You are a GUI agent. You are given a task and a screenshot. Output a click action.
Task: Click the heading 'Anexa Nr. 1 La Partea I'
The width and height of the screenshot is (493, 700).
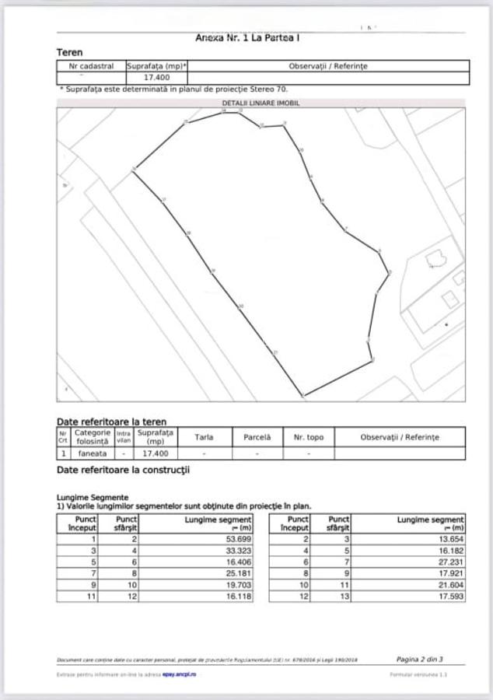point(248,37)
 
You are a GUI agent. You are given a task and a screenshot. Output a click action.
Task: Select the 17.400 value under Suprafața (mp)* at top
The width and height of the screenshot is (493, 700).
point(157,78)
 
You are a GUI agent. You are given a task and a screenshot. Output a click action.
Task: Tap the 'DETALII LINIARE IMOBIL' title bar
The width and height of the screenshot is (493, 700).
point(260,103)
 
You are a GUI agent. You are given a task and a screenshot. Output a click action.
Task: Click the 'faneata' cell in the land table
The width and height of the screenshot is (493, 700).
point(91,453)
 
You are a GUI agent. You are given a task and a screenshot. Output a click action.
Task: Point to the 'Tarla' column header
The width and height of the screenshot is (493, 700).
point(204,437)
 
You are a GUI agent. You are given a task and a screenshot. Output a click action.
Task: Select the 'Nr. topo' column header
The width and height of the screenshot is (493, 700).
point(309,437)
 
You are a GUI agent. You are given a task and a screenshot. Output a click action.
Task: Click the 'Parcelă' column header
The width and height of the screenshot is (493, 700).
point(257,437)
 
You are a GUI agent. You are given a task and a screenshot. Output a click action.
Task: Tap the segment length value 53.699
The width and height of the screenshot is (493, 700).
point(238,538)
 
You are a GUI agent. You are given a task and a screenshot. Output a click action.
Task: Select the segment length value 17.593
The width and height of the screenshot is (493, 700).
point(450,597)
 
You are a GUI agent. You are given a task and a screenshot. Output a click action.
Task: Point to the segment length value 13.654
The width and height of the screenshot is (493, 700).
point(450,538)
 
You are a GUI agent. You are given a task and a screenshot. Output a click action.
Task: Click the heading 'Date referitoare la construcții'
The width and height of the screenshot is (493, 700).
point(123,471)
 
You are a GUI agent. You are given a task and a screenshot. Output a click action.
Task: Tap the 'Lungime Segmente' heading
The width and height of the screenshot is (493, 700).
point(93,497)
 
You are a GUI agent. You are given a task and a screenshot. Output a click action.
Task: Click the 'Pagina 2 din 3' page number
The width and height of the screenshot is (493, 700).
point(419,660)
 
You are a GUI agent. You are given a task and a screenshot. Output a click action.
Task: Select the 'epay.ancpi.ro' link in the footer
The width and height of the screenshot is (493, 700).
point(179,674)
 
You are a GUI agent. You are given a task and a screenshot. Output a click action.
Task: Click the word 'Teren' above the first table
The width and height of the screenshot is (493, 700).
point(70,52)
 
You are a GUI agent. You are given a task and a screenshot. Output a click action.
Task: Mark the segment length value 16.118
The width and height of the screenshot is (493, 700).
point(238,597)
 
